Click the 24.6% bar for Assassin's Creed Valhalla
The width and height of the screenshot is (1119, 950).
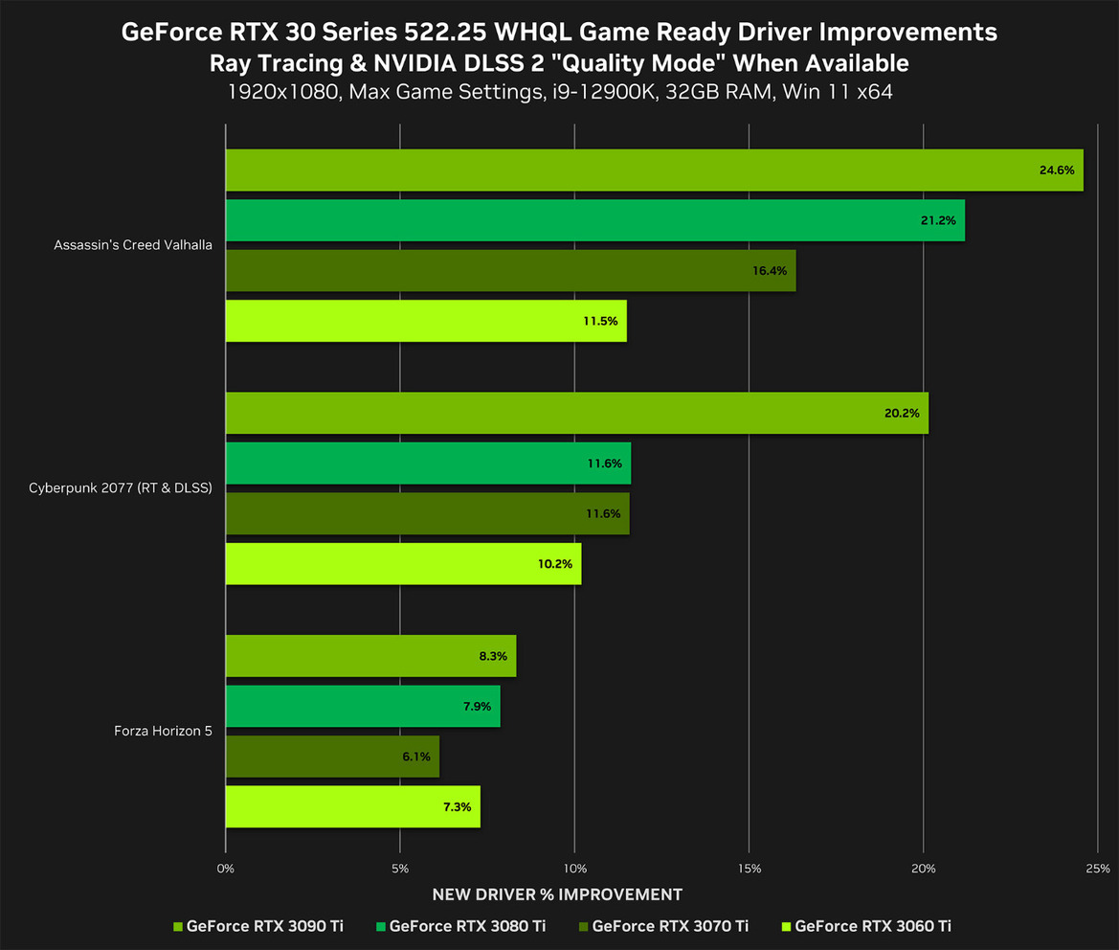pos(654,170)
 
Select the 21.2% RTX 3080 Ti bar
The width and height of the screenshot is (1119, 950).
pos(594,220)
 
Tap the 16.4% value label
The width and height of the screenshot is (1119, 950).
pos(770,271)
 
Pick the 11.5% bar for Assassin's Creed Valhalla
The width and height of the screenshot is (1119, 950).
pos(425,321)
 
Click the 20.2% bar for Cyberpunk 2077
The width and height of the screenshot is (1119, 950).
pos(576,413)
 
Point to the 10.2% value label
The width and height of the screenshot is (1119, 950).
pos(555,564)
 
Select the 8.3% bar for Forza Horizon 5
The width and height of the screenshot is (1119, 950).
pos(370,656)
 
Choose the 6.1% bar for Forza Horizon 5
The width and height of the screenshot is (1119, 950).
pos(332,757)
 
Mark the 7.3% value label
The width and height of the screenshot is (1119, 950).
pos(458,807)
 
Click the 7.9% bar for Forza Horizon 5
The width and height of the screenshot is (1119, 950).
pos(362,706)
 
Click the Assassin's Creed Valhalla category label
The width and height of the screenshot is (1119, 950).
pos(133,245)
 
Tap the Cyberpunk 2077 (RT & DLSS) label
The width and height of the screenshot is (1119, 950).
pos(121,488)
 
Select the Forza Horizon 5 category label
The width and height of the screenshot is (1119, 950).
pos(162,732)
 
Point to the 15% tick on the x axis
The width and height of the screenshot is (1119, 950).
pos(749,869)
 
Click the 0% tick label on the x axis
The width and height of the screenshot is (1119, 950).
pos(226,869)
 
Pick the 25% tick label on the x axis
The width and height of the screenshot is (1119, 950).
pos(1098,869)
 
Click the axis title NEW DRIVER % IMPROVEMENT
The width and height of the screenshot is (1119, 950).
pos(557,894)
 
